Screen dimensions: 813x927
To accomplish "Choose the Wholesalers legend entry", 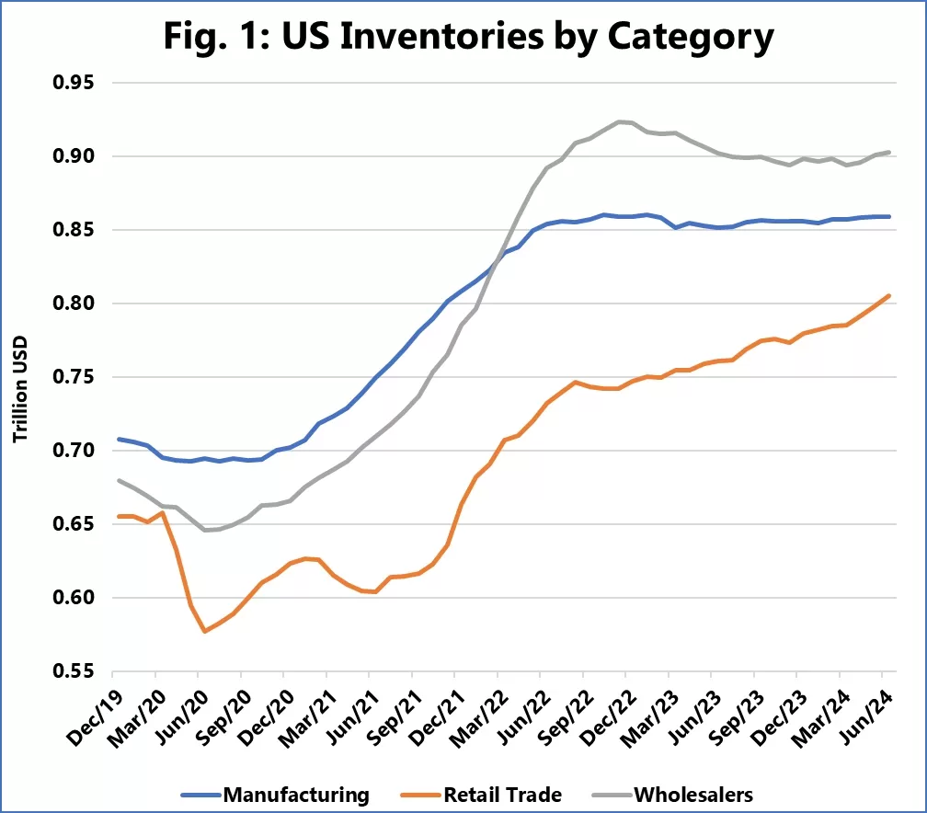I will tap(678, 793).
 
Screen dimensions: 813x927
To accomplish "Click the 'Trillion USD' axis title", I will tap(19, 377).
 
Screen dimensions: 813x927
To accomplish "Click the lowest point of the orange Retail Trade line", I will tap(204, 631).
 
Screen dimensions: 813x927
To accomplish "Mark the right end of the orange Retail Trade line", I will tap(889, 295).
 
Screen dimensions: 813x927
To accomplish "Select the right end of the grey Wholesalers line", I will tap(889, 152).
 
